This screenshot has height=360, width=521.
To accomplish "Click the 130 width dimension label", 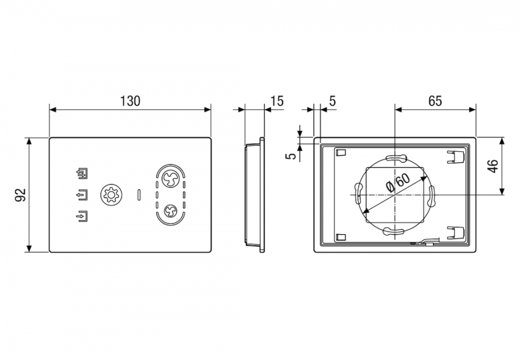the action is (x=130, y=101).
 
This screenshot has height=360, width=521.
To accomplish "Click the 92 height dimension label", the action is (x=21, y=195).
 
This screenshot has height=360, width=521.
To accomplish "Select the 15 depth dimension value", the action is (x=277, y=101).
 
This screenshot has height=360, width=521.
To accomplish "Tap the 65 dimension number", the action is (x=435, y=101).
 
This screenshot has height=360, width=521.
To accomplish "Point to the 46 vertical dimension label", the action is (x=493, y=166).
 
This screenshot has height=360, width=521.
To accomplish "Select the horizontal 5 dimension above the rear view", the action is (x=332, y=101).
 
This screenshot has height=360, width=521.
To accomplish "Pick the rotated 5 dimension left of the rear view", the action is (x=291, y=156).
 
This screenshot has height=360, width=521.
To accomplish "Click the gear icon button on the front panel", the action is (x=111, y=194).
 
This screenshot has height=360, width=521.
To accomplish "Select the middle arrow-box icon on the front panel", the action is (x=82, y=195).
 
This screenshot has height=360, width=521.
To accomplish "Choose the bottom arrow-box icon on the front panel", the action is (x=82, y=216).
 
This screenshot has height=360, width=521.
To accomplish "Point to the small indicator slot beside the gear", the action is (x=139, y=195).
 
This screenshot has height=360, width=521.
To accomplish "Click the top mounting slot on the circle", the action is (x=395, y=158).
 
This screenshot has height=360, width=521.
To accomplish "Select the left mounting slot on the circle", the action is (x=359, y=193).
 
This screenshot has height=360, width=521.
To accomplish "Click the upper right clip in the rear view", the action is (x=455, y=157).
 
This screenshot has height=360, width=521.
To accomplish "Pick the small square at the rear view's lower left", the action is (x=341, y=237).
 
